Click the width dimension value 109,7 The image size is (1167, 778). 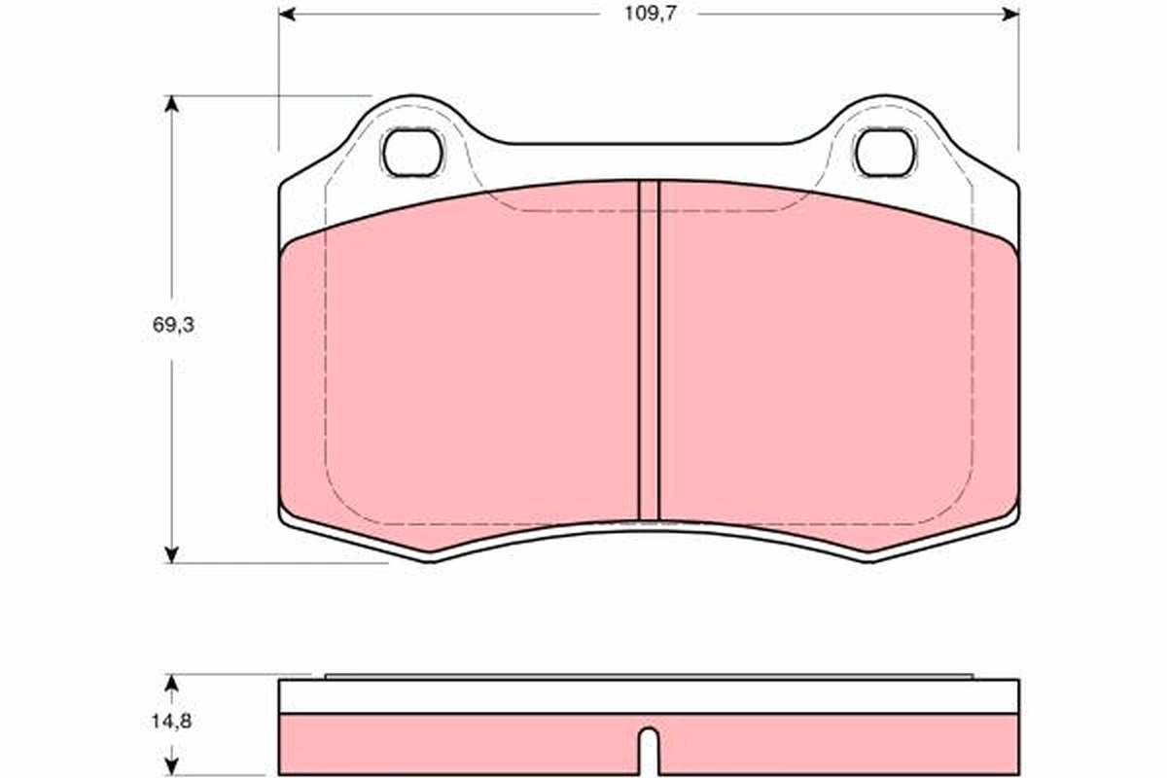pos(649,15)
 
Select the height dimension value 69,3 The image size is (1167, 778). pos(173,326)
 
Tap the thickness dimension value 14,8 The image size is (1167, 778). pos(172,722)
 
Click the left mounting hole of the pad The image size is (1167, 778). pos(412,152)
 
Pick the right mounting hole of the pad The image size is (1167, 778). pos(884,152)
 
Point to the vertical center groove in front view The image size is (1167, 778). pos(649,350)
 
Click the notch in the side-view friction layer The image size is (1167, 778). pos(649,750)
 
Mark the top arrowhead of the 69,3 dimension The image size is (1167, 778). pos(172,103)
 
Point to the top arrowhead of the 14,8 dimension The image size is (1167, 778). pos(172,683)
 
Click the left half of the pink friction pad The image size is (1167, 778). pos(467,370)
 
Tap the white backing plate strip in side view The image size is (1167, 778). pos(649,696)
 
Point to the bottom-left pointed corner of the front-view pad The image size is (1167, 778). pos(432,560)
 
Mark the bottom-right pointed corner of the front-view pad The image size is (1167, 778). pos(868,560)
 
